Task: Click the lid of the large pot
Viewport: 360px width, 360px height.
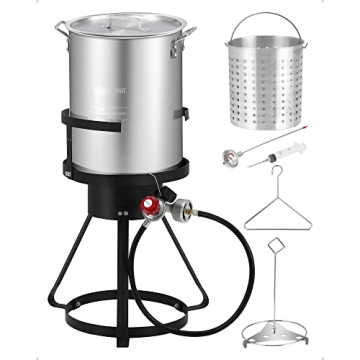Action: click(x=126, y=22)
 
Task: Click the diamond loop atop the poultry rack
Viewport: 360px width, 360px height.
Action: click(x=277, y=246)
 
